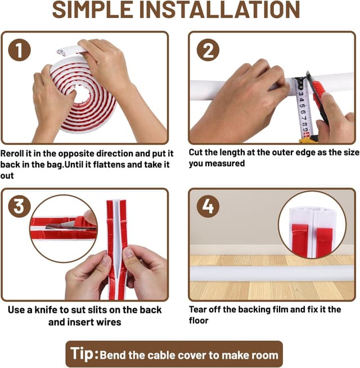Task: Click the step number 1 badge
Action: (19, 50)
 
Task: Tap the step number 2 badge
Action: (208, 50)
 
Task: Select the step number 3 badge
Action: (19, 206)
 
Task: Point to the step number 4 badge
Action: (208, 206)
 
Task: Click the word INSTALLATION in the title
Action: (220, 10)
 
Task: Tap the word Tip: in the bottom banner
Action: (84, 354)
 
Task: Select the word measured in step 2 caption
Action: (225, 163)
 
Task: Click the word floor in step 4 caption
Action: (199, 321)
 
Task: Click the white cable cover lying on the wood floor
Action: (272, 273)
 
